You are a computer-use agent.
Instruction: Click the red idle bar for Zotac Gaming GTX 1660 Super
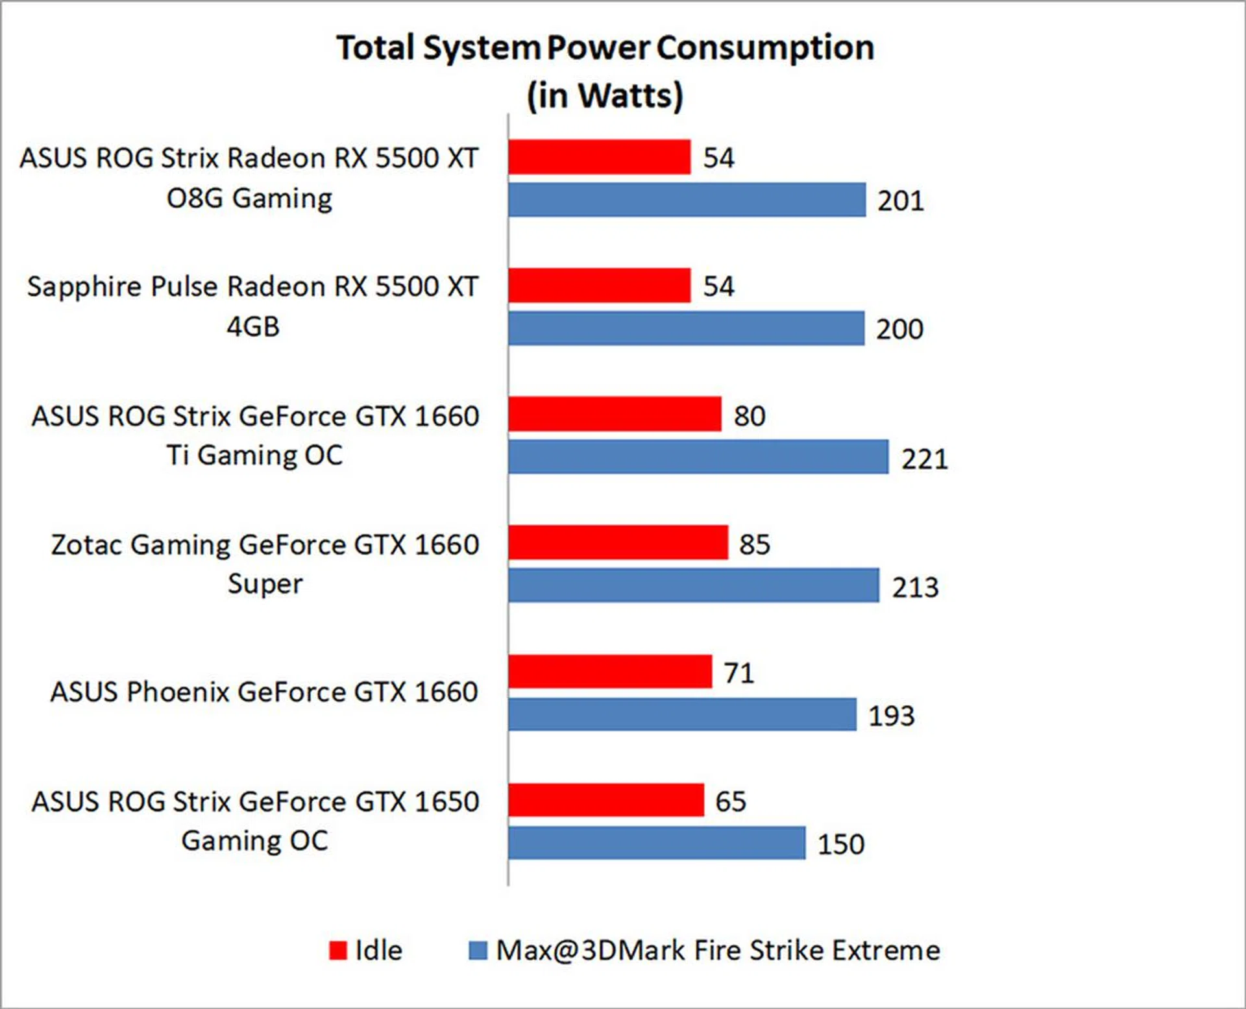618,542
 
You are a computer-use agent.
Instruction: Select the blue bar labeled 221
698,457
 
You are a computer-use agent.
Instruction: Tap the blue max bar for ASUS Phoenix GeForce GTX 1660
682,714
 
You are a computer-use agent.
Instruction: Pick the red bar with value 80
615,414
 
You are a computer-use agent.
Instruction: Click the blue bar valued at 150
657,843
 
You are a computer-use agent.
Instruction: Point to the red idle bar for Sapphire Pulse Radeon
599,286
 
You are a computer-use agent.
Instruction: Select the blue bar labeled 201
687,200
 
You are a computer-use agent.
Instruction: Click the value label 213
915,587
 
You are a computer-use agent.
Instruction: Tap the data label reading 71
739,673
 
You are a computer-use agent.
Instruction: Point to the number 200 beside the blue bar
899,330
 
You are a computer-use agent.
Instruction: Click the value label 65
730,801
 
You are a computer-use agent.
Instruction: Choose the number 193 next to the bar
891,716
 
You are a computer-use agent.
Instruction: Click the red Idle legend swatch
338,951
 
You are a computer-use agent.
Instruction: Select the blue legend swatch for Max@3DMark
478,951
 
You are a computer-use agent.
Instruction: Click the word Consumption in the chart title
765,49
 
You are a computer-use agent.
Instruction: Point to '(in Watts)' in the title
605,95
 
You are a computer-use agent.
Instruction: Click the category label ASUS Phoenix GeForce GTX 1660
264,692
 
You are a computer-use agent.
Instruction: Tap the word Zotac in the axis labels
88,545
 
